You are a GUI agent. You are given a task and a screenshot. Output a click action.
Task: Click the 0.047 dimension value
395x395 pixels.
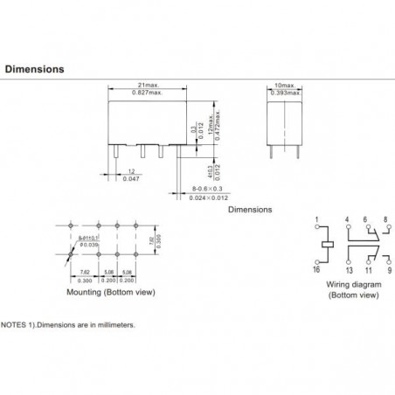(x=131, y=177)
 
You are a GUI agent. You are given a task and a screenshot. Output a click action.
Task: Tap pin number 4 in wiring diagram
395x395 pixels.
(x=347, y=217)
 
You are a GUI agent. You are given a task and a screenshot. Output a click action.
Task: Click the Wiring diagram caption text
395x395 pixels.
(x=352, y=286)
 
